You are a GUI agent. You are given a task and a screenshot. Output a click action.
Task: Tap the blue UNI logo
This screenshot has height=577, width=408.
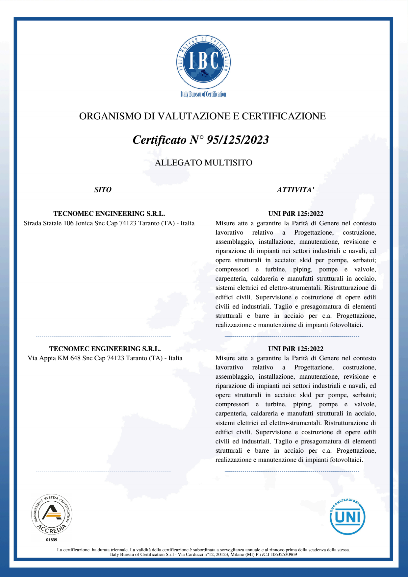click(x=347, y=516)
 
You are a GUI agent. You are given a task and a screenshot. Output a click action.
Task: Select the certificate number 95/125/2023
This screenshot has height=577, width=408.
click(x=238, y=140)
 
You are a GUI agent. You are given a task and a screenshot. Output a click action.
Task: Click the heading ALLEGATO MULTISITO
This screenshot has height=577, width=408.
click(x=203, y=163)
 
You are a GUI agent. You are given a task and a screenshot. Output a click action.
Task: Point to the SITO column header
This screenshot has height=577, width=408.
click(x=103, y=190)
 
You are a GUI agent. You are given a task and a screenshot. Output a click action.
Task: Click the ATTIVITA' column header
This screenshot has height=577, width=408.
click(x=295, y=190)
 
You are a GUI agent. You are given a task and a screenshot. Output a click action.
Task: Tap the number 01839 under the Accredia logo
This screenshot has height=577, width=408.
click(x=52, y=540)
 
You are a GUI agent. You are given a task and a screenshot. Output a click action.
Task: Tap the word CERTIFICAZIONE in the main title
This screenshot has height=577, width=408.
click(x=284, y=116)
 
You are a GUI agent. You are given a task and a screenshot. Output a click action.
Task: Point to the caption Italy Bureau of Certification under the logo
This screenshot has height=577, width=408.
click(x=203, y=94)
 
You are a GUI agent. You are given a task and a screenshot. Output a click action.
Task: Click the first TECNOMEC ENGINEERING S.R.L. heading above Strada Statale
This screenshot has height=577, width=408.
click(x=109, y=214)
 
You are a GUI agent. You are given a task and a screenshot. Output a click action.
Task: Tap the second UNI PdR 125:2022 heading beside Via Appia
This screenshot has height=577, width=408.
click(x=295, y=349)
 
